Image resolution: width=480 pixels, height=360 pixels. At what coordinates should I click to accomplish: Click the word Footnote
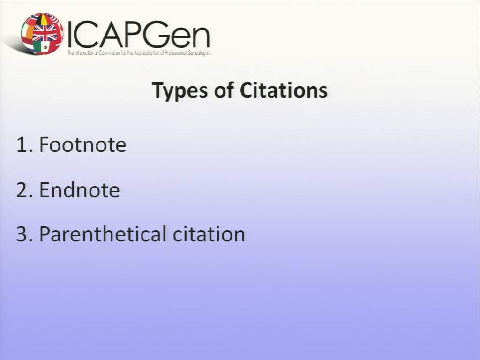click(x=82, y=144)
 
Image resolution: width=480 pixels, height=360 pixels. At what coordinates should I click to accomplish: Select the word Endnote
click(x=79, y=190)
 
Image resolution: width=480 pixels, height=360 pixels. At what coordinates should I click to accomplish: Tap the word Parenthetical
click(x=103, y=235)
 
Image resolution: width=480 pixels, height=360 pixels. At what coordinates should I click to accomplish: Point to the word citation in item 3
click(x=209, y=234)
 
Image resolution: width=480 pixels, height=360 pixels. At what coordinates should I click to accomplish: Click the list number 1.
click(x=24, y=144)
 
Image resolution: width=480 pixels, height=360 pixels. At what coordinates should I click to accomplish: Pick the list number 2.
click(x=24, y=190)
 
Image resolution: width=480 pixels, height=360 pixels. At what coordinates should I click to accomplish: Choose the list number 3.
click(x=24, y=234)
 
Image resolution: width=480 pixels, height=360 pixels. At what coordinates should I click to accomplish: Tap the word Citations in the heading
click(x=284, y=90)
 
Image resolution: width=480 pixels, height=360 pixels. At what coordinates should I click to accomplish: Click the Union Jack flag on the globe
click(x=45, y=32)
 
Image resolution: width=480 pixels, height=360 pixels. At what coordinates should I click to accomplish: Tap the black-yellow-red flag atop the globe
click(x=43, y=19)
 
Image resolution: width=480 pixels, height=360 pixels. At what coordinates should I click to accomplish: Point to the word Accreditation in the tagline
click(x=147, y=53)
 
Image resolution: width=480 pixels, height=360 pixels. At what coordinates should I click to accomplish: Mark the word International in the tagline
click(x=86, y=53)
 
